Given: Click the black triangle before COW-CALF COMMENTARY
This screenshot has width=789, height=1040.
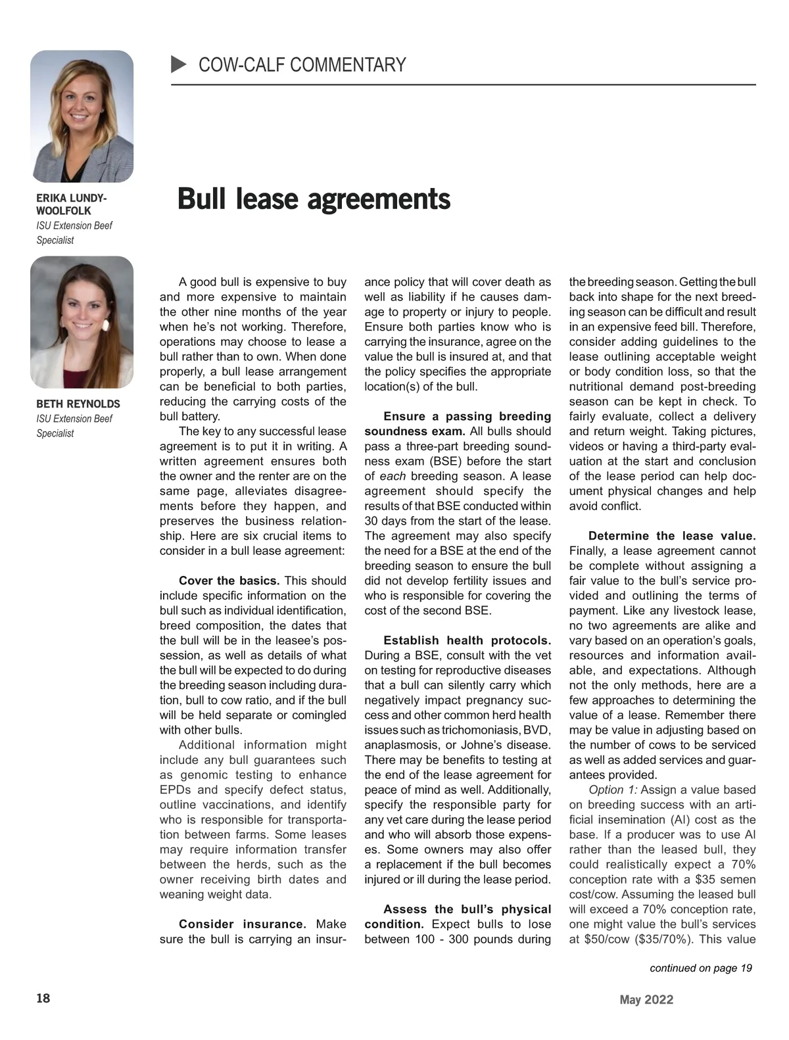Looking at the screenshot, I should click(x=178, y=64).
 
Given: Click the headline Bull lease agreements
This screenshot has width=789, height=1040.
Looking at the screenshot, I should click(x=314, y=199).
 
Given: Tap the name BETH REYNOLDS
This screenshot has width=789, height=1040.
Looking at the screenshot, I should click(x=78, y=404).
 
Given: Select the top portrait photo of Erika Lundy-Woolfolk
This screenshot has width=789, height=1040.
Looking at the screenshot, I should click(x=82, y=116).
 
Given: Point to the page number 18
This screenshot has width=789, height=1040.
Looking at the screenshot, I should click(x=43, y=998).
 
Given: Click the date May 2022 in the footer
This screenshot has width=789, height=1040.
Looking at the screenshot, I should click(x=646, y=1000).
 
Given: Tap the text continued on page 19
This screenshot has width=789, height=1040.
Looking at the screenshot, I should click(x=700, y=968).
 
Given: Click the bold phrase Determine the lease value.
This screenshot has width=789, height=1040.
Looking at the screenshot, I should click(x=672, y=536).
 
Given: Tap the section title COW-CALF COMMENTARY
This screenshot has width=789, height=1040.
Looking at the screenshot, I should click(x=302, y=65).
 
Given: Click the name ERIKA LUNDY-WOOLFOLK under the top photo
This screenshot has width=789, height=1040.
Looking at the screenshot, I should click(x=71, y=204).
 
